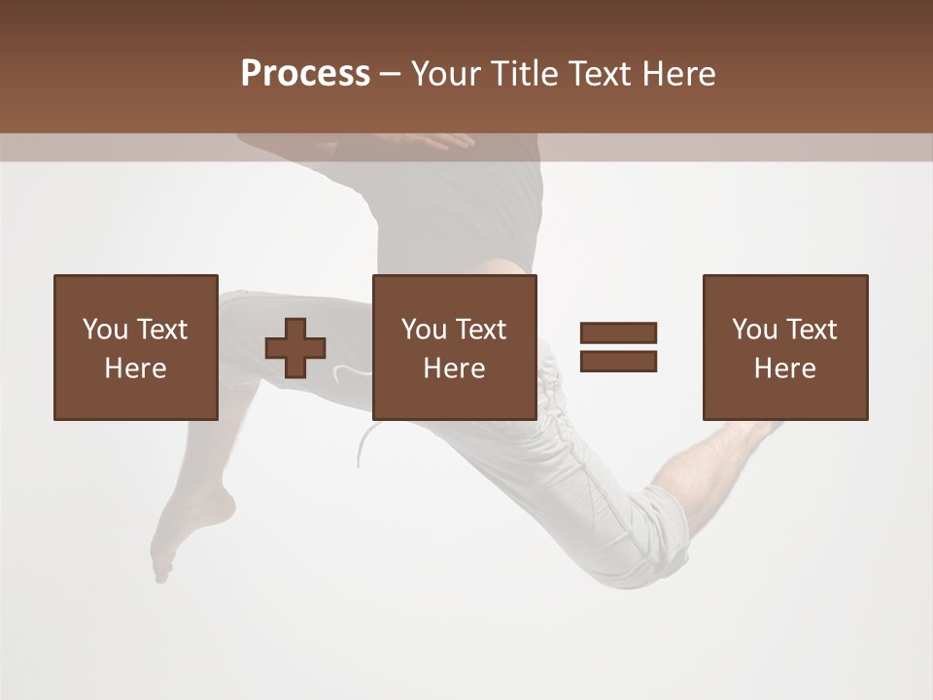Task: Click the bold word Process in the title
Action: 305,74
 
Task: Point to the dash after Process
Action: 391,75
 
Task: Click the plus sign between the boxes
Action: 295,347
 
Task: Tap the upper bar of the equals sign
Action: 618,332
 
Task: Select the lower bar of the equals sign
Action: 618,361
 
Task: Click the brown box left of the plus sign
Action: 136,347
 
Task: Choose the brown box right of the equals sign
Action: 785,347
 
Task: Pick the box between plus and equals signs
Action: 454,347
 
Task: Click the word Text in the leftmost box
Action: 161,330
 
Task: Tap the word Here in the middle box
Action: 454,368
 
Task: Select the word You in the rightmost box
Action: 754,330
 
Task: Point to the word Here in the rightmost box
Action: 784,368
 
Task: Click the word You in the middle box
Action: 424,330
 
